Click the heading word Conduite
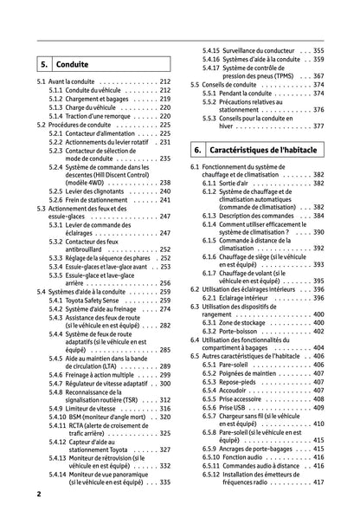[72, 64]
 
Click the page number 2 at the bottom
[39, 494]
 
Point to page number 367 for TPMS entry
[318, 75]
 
